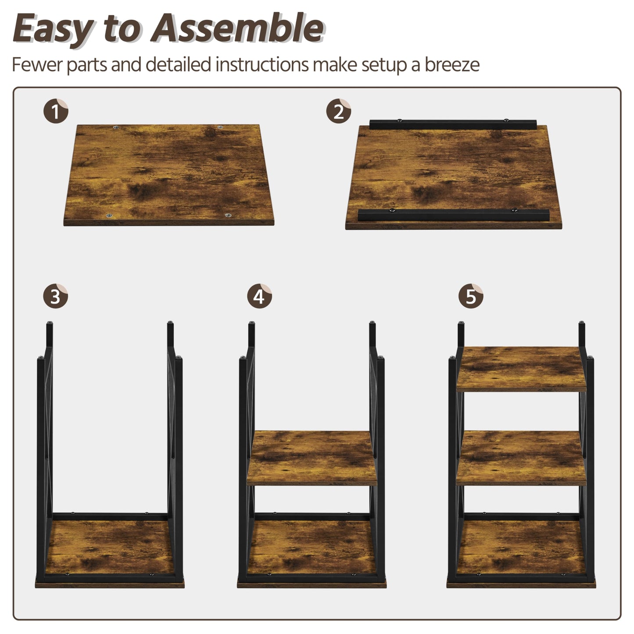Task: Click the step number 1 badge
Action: tap(56, 111)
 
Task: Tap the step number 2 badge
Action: tap(339, 111)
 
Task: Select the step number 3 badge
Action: tap(56, 297)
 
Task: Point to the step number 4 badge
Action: tap(259, 297)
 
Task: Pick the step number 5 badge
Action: tap(471, 297)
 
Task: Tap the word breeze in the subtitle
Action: tap(451, 65)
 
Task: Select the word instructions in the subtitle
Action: tap(262, 65)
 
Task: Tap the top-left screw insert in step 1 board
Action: tap(117, 128)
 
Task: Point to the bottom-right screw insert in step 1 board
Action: tap(228, 215)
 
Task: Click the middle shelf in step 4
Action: tap(312, 456)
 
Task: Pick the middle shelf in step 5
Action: tap(522, 456)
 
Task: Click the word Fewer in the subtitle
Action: tap(37, 65)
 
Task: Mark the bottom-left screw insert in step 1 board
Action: tap(108, 216)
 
